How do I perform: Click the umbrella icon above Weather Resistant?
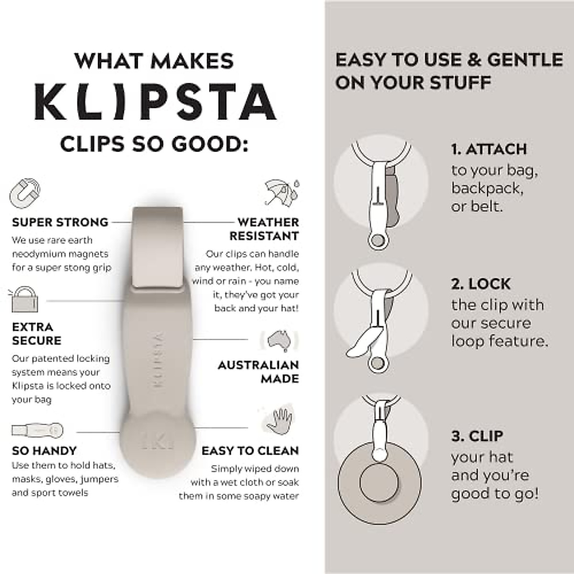[282, 193]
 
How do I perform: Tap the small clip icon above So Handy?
[37, 430]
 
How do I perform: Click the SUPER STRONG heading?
[60, 222]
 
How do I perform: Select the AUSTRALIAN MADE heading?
[259, 372]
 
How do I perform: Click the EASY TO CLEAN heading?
[250, 451]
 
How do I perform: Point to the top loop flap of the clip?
[157, 246]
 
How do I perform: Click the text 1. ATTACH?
[488, 149]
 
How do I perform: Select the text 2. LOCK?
[481, 284]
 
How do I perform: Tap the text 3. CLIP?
[477, 436]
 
